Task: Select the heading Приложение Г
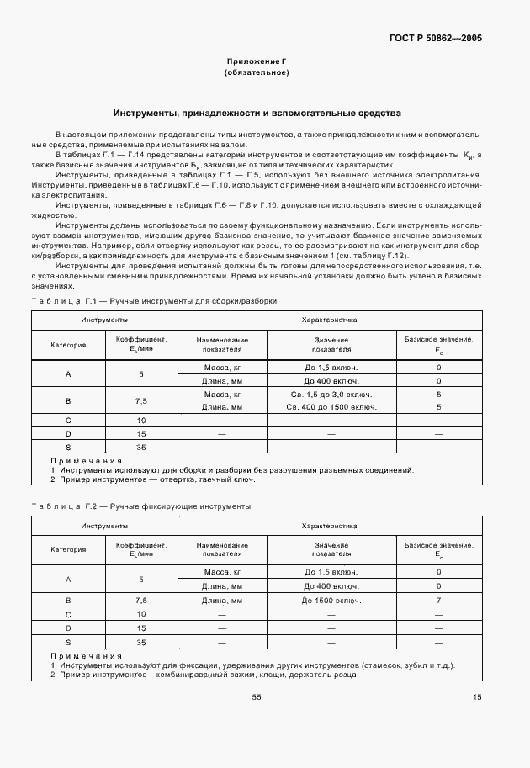coord(257,61)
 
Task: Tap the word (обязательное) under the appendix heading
coord(257,72)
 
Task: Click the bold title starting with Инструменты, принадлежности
coord(257,113)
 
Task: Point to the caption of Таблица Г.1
coord(154,300)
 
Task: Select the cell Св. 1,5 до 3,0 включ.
coord(331,394)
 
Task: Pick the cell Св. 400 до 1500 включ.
coord(331,407)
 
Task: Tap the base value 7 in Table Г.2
coord(438,601)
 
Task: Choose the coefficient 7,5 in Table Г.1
coord(141,400)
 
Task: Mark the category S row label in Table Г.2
coord(67,643)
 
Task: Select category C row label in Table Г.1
coord(67,420)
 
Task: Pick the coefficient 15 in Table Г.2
coord(141,628)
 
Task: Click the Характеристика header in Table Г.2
coord(330,526)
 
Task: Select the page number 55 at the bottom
coord(257,696)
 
